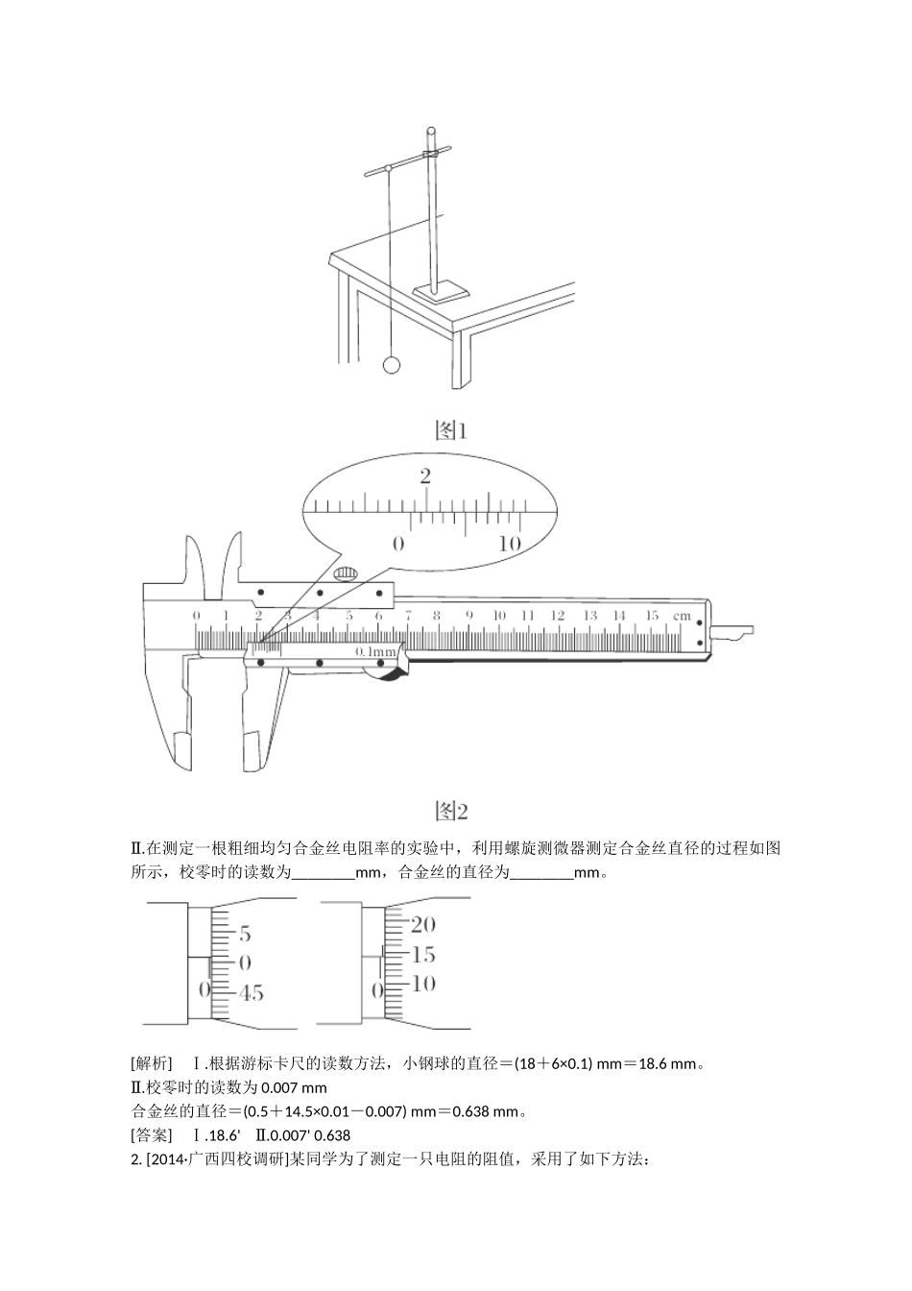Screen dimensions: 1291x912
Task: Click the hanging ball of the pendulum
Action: pyautogui.click(x=391, y=365)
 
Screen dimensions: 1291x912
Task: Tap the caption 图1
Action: pyautogui.click(x=450, y=430)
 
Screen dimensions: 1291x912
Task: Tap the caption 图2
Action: pyautogui.click(x=450, y=811)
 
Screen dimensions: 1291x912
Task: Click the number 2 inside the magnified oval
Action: pyautogui.click(x=425, y=476)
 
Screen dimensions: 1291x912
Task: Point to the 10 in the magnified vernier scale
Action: pyautogui.click(x=510, y=544)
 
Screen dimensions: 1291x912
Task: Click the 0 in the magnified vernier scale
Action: pyautogui.click(x=398, y=544)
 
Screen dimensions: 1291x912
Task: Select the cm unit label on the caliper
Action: pyautogui.click(x=682, y=615)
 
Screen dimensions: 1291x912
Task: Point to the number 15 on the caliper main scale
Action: pyautogui.click(x=651, y=615)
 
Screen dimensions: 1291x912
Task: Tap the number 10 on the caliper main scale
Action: pyautogui.click(x=498, y=615)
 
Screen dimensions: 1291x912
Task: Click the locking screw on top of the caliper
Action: pyautogui.click(x=346, y=574)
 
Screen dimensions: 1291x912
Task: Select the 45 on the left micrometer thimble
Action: pyautogui.click(x=251, y=993)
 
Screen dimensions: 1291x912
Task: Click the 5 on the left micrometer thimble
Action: pyautogui.click(x=245, y=934)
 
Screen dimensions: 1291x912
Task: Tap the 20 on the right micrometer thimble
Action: pyautogui.click(x=422, y=925)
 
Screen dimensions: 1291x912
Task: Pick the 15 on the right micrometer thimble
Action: pyautogui.click(x=422, y=955)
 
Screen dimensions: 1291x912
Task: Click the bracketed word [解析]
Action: pyautogui.click(x=152, y=1063)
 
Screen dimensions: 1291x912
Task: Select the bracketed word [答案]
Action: pyautogui.click(x=152, y=1135)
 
